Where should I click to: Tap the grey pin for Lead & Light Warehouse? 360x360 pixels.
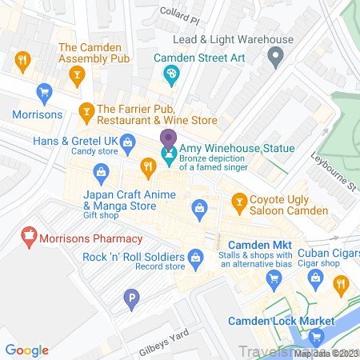coord(276,57)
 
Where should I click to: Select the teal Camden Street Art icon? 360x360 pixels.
coord(170,75)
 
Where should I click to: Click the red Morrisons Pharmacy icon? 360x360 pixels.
coord(30,238)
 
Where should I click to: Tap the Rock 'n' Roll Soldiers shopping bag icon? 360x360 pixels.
coord(194,258)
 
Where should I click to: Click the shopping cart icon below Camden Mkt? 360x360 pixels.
coord(274,278)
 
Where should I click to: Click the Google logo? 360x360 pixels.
coord(27,350)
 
